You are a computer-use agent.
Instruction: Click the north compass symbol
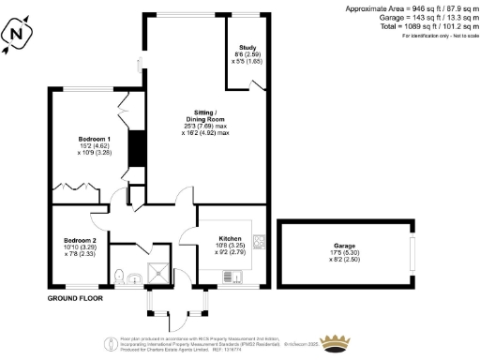point(16,35)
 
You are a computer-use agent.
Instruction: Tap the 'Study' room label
point(247,47)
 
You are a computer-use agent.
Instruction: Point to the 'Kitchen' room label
point(231,238)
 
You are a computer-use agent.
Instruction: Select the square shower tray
point(161,273)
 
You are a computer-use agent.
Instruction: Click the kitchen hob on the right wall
point(259,241)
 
